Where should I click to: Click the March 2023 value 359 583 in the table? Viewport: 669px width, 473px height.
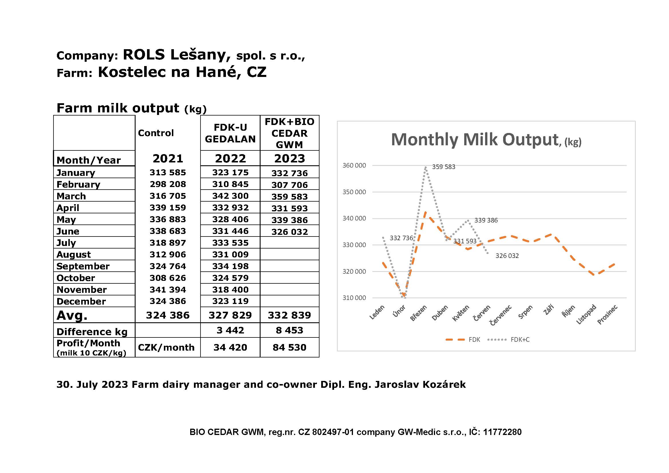coord(289,196)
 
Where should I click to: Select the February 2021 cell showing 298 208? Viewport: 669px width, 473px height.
coord(168,184)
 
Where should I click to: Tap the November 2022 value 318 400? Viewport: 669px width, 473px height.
coord(230,289)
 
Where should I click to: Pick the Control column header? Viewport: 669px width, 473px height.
coord(156,133)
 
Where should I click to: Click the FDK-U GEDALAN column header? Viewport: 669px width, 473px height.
coord(230,133)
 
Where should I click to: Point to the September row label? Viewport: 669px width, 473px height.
coord(83,266)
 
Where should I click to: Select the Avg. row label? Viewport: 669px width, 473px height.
coord(72,315)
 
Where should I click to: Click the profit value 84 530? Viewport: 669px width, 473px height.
coord(289,347)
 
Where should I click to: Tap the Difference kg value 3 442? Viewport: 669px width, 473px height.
coord(230,330)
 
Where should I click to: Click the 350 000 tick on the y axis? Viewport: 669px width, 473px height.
coord(354,192)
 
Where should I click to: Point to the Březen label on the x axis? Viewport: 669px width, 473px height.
coord(418,313)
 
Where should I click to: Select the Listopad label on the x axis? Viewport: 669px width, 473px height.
coord(586,315)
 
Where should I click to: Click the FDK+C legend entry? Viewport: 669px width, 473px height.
coord(520,340)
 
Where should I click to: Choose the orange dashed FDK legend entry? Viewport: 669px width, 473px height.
coord(474,340)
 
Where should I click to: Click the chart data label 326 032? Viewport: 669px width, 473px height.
coord(507,256)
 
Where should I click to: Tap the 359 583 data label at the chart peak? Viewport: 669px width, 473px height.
coord(444,167)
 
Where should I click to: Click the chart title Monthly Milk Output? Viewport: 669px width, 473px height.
coord(474,140)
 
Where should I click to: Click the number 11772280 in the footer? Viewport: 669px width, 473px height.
coord(502,432)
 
